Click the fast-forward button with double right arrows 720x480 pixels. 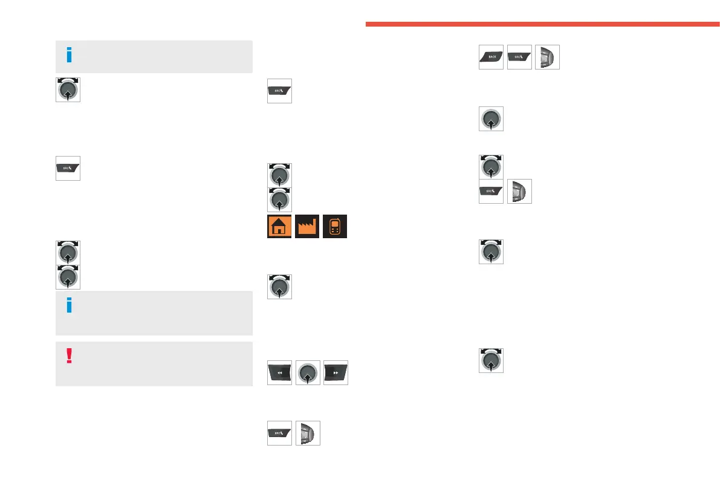(x=336, y=373)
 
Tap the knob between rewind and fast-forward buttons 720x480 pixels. (x=308, y=373)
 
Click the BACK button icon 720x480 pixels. (x=491, y=57)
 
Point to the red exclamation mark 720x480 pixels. (x=69, y=355)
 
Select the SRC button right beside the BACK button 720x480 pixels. (x=519, y=57)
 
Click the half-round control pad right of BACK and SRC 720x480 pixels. (x=547, y=57)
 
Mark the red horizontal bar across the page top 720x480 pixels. (x=542, y=24)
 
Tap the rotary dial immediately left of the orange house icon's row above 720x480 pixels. (x=279, y=199)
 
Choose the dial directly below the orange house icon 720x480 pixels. (x=279, y=287)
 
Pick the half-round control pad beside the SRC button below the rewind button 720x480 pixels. (x=308, y=433)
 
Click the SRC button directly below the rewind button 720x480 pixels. (x=279, y=433)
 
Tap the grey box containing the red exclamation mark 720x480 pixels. (x=154, y=364)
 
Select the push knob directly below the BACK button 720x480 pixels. (x=491, y=118)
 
